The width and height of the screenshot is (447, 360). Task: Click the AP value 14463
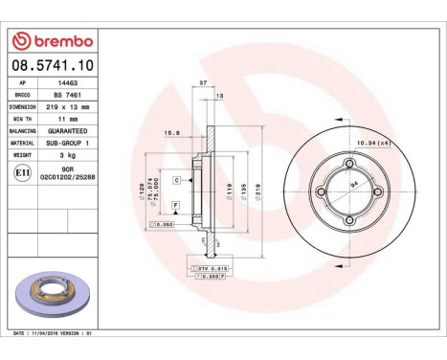point(66,83)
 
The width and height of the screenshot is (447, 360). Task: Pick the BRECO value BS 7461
point(67,96)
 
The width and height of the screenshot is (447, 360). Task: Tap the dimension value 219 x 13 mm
point(67,108)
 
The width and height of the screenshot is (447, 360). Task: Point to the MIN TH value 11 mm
point(67,120)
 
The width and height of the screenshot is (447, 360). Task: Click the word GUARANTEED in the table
point(67,131)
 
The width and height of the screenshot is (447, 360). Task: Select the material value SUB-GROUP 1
point(67,143)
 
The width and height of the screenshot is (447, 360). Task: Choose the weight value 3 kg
point(67,154)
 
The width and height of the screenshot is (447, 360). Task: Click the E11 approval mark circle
point(23,172)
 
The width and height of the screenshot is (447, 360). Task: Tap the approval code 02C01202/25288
point(67,176)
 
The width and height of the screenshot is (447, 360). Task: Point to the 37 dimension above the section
point(202,85)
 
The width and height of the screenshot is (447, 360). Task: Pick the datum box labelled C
point(177,180)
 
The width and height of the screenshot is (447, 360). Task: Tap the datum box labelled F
point(176,206)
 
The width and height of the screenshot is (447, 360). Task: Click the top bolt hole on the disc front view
point(349,161)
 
